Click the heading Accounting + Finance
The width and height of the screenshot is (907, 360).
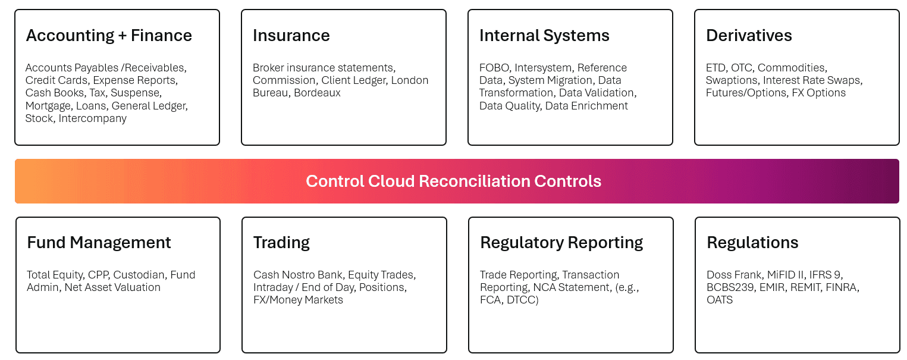click(x=109, y=36)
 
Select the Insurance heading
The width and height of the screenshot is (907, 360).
click(x=291, y=36)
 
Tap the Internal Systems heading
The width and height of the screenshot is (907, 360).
click(x=544, y=36)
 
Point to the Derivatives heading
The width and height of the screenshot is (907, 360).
click(x=749, y=36)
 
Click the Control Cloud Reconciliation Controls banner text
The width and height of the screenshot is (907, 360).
click(x=453, y=181)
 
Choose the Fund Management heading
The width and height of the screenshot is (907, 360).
click(x=99, y=243)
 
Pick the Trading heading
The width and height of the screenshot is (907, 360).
click(x=281, y=243)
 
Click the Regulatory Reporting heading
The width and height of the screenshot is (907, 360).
click(x=561, y=243)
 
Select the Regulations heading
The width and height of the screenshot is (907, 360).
click(x=752, y=243)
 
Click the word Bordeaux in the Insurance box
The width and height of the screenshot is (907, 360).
click(x=317, y=93)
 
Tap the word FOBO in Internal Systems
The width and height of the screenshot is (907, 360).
click(x=494, y=68)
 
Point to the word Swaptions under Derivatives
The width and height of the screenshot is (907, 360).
click(x=732, y=80)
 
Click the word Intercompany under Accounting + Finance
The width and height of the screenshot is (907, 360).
click(x=92, y=118)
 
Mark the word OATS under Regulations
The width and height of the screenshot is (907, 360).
click(x=720, y=300)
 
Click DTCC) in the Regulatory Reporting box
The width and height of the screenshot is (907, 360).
click(x=523, y=300)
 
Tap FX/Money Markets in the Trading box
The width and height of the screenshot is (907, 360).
click(x=298, y=300)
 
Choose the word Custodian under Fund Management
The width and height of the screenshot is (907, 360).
click(x=139, y=275)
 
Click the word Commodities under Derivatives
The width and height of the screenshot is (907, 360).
click(x=792, y=68)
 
